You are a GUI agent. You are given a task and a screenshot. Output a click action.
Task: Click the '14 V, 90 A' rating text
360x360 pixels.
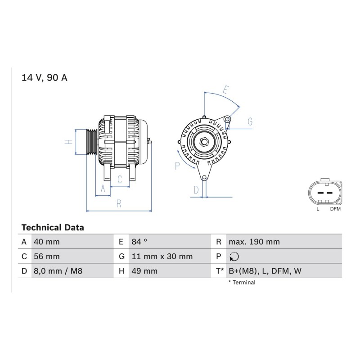point(44,78)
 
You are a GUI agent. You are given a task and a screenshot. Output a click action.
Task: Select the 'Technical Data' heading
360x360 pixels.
point(53,228)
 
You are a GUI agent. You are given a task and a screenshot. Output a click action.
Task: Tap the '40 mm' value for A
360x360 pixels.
point(47,242)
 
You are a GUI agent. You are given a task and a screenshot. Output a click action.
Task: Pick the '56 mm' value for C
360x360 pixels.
point(47,256)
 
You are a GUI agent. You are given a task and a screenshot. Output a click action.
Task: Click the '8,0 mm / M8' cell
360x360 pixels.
point(58,271)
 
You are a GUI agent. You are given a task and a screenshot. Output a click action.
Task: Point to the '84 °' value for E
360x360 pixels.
point(139,242)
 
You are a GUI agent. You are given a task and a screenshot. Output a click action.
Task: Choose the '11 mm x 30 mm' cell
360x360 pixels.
point(162,256)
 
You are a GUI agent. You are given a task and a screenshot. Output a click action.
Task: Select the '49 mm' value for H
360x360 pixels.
point(144,271)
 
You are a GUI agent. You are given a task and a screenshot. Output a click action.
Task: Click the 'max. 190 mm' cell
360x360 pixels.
point(254,242)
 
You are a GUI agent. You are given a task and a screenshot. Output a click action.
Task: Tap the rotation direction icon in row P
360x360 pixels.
point(234,256)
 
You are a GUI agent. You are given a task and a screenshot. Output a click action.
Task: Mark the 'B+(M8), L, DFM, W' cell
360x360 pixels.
point(265,271)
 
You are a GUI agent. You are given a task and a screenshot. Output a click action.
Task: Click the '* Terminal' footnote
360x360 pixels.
point(242,283)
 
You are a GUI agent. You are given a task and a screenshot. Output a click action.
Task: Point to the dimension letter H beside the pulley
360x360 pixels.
point(68,142)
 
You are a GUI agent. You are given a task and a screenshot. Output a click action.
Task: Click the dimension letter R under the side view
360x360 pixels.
point(119,203)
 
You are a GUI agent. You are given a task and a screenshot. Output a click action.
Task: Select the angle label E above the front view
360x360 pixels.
point(226,90)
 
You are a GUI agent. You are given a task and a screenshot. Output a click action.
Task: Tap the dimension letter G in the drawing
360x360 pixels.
point(250,121)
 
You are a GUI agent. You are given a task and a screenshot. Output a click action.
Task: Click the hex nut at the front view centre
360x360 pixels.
point(204,142)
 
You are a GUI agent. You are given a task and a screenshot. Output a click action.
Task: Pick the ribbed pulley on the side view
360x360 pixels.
point(92,142)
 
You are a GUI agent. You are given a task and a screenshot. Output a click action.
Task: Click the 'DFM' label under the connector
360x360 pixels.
point(335,209)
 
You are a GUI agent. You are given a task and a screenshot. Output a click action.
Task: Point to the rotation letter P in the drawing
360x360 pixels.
point(177,166)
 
